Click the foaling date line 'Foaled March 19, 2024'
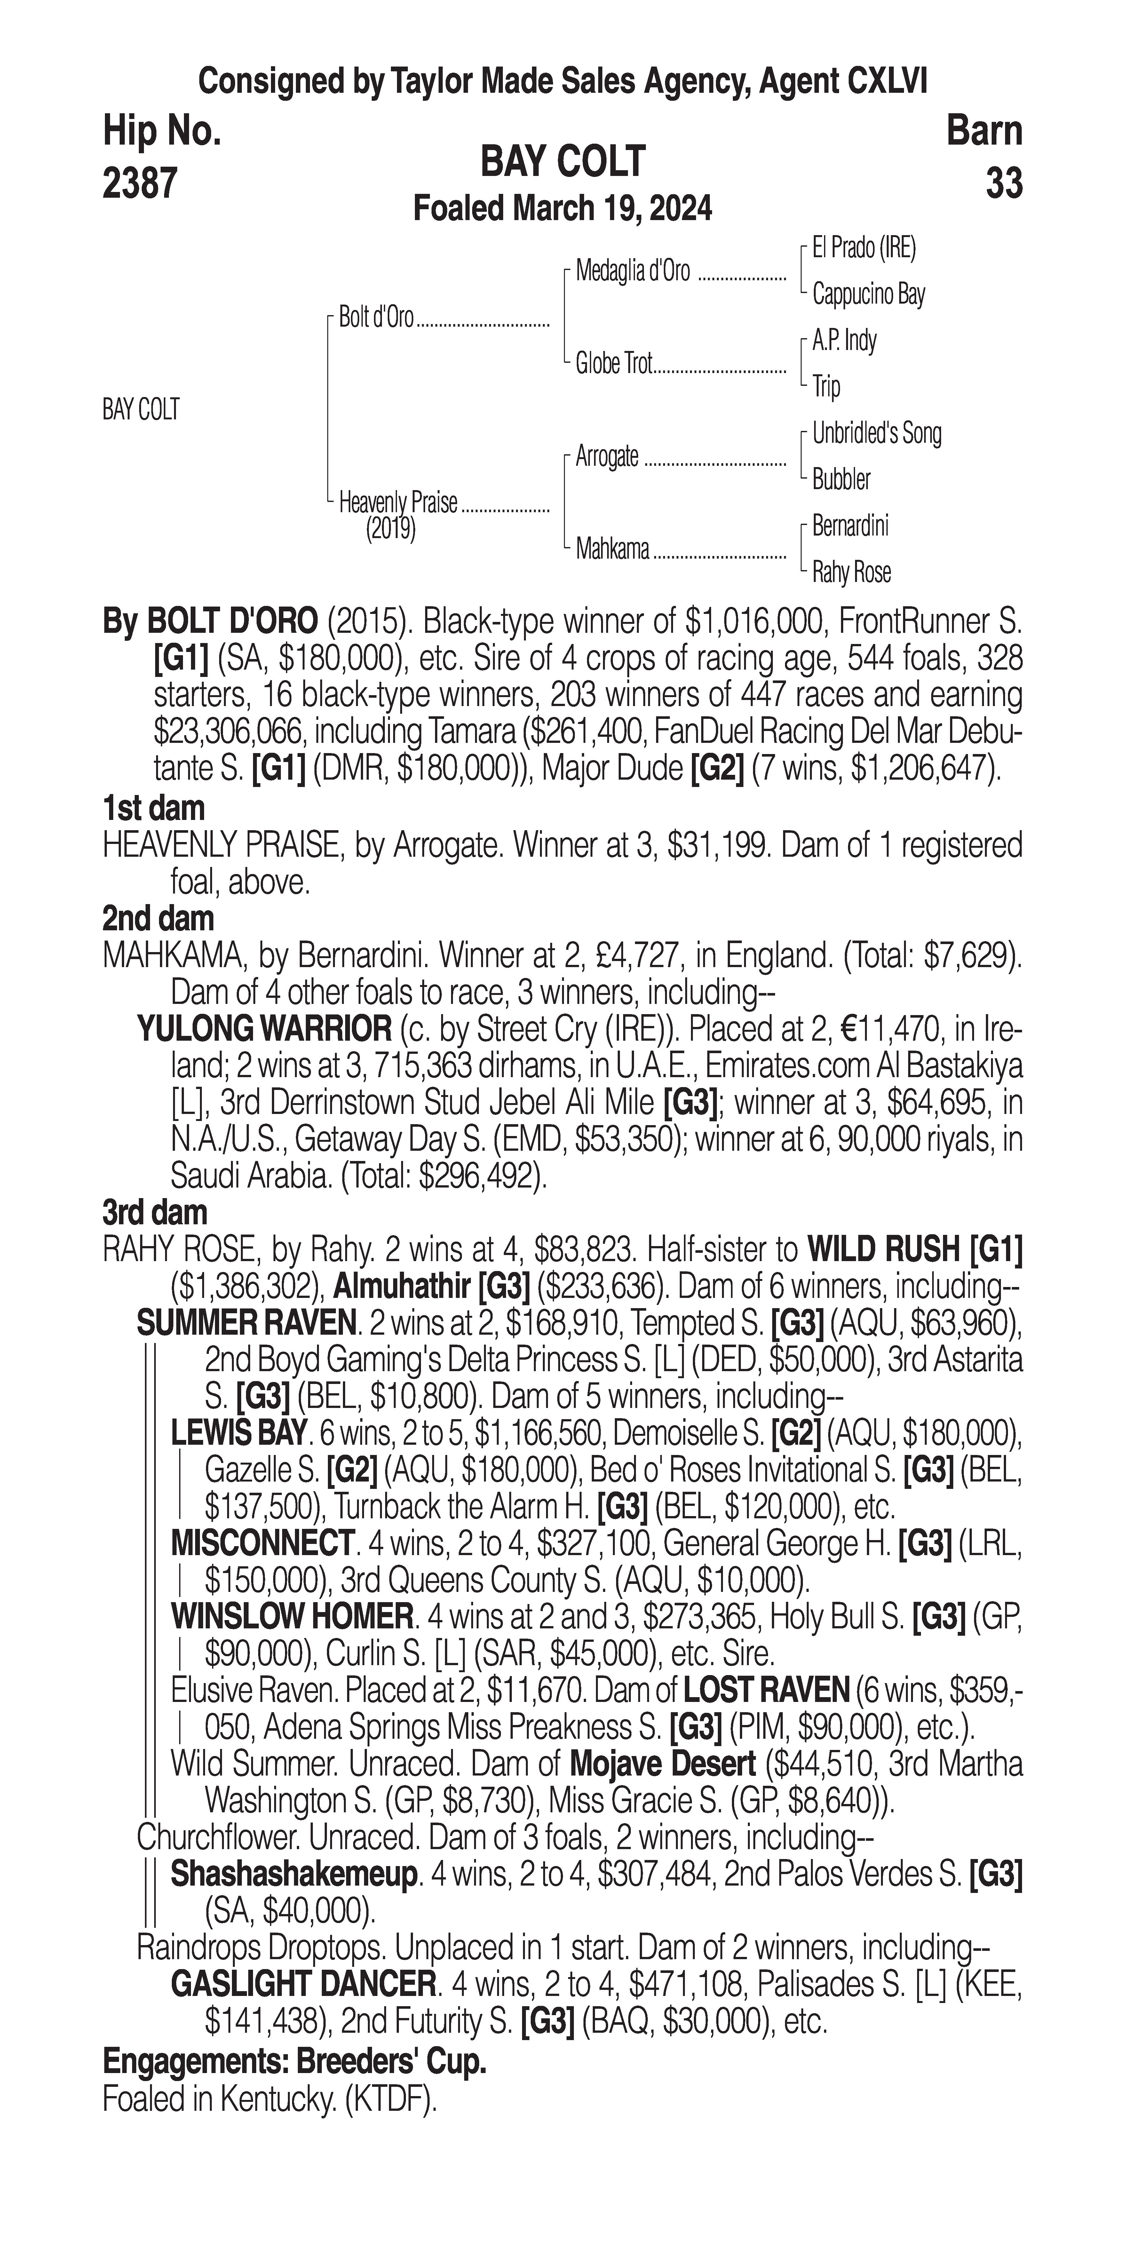(562, 209)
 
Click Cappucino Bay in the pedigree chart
(868, 294)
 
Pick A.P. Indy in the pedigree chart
(844, 340)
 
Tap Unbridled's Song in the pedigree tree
(876, 433)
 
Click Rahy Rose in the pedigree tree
(851, 573)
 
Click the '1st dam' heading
(154, 808)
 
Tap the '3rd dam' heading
(155, 1213)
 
